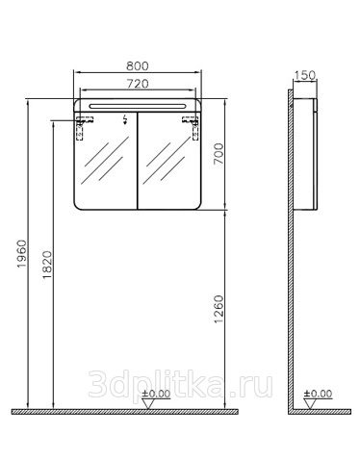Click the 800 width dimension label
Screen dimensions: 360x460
pyautogui.click(x=138, y=65)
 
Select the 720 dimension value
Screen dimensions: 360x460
pyautogui.click(x=138, y=84)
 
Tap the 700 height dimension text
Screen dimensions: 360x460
pyautogui.click(x=219, y=153)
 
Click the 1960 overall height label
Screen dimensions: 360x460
pyautogui.click(x=22, y=253)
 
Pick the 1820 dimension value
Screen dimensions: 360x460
pyautogui.click(x=47, y=265)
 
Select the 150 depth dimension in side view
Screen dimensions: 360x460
pyautogui.click(x=305, y=75)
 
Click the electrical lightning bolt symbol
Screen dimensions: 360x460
pyautogui.click(x=125, y=119)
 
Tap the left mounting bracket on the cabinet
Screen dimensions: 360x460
pyautogui.click(x=83, y=127)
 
